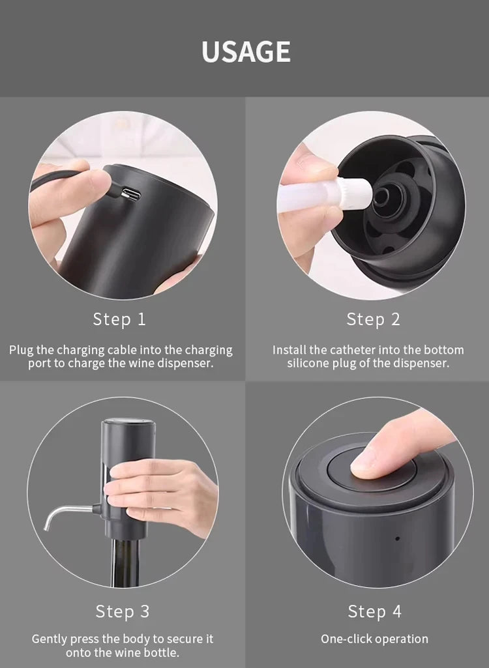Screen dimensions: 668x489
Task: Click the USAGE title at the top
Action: [x=245, y=51]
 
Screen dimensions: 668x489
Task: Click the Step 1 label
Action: [x=119, y=319]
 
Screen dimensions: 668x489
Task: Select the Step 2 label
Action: [x=373, y=319]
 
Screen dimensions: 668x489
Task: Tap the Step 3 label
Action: [x=122, y=611]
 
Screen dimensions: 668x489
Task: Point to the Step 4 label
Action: [x=374, y=611]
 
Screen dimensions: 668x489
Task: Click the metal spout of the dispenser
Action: [x=65, y=511]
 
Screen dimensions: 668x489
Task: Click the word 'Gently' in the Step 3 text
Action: [x=50, y=639]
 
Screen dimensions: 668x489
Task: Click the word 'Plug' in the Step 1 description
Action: [x=21, y=350]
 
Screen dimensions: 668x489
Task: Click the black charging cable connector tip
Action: [x=112, y=190]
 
